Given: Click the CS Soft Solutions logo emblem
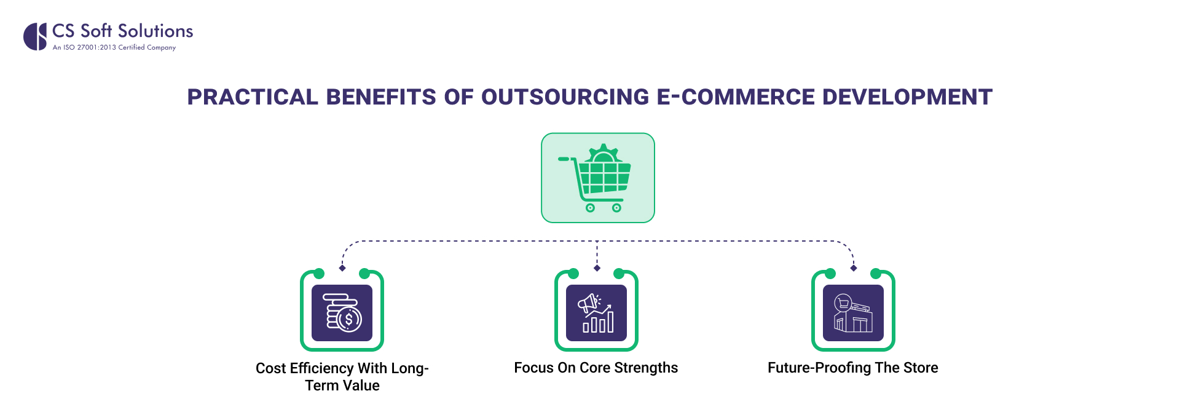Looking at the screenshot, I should pos(35,36).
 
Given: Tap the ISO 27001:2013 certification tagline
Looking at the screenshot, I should pos(114,47).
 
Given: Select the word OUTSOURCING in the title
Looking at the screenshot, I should pos(565,97).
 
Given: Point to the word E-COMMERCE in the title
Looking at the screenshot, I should pos(736,97).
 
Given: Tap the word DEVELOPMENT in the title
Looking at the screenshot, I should pos(907,97).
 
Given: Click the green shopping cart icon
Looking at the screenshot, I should pos(597,178).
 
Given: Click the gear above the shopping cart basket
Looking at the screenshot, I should pos(603,153).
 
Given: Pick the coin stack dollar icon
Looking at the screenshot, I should pos(342,313).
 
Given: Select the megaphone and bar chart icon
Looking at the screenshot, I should pos(596,313).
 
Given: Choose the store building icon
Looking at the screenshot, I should pos(853,313).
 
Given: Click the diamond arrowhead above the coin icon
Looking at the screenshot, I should pos(342,268).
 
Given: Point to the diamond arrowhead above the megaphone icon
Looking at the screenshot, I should pos(597,268).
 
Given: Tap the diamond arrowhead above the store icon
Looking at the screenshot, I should pos(854,268).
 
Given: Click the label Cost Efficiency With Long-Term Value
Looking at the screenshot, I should pos(342,376).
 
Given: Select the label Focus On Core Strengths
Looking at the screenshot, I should pos(596,368).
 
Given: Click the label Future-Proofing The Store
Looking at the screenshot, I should pos(853,368).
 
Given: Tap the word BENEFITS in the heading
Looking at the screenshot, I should pos(381,97).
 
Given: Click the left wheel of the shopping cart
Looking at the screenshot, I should pos(590,208).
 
